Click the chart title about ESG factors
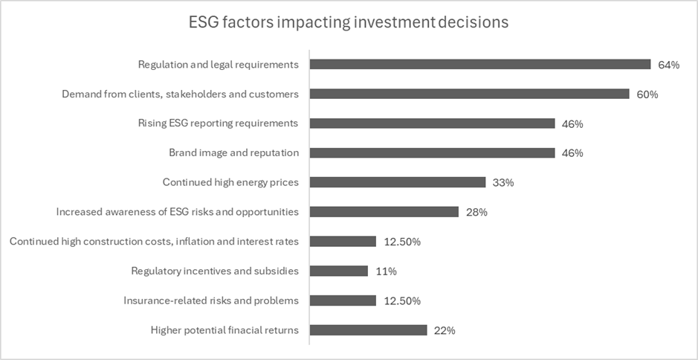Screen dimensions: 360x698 coord(349,22)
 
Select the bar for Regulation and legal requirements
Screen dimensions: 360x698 coord(479,65)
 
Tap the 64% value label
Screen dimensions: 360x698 coord(668,65)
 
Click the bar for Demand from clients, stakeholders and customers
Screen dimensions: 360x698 coord(469,94)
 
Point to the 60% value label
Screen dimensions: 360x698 coord(647,94)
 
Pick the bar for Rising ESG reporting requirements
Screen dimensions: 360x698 coord(432,123)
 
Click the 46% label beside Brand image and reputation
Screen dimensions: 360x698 coord(572,153)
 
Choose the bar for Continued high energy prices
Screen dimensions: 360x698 coord(397,182)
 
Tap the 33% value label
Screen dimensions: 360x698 coord(503,182)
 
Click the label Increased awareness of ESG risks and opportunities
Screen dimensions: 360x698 coord(177,212)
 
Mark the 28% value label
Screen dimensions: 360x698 coord(476,212)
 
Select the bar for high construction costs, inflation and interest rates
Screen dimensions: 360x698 coord(343,241)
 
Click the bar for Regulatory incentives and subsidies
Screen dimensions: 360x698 coord(339,271)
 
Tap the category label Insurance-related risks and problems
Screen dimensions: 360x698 coord(211,300)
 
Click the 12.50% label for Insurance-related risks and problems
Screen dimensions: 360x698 coord(402,300)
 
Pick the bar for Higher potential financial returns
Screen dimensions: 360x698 coord(368,330)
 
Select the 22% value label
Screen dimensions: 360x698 coord(444,330)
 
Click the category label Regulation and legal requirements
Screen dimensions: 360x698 coord(219,65)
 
